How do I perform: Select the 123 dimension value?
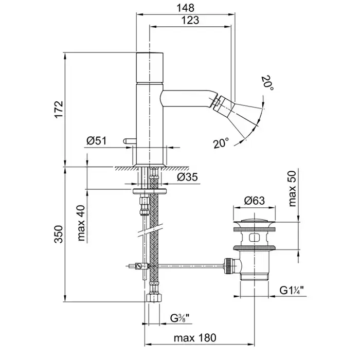[x=190, y=20]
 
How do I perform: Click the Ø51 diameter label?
[x=96, y=140]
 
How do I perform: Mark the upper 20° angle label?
[x=267, y=84]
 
